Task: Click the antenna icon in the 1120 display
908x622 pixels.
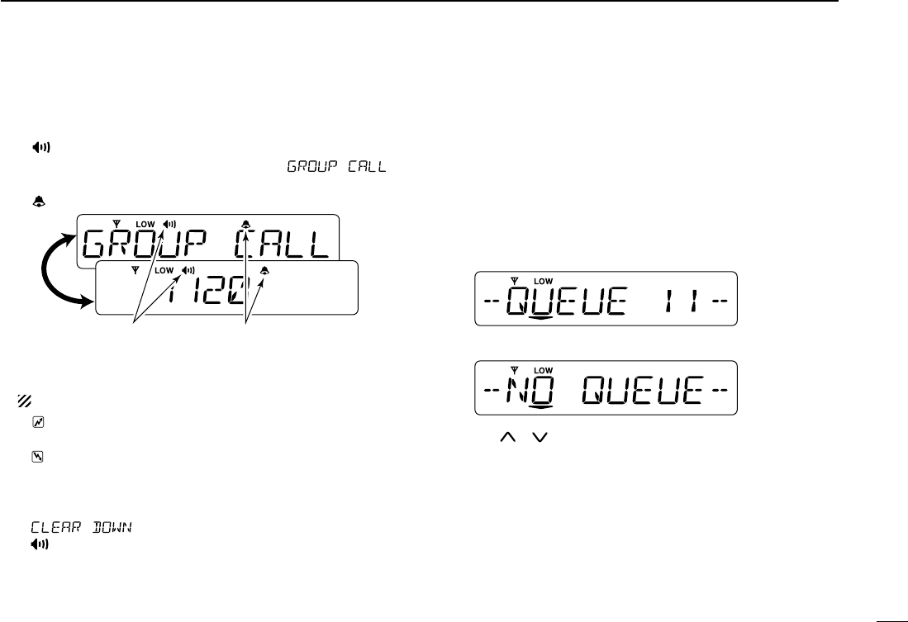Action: click(x=136, y=270)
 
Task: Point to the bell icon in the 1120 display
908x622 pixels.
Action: click(x=264, y=271)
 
